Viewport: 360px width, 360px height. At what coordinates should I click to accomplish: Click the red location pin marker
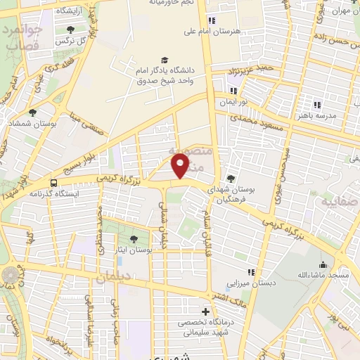tap(180, 166)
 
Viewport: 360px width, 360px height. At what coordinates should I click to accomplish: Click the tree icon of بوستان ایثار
tap(134, 239)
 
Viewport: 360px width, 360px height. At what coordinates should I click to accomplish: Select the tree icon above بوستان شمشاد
tap(32, 112)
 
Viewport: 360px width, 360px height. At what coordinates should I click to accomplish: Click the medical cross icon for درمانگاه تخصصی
tap(205, 311)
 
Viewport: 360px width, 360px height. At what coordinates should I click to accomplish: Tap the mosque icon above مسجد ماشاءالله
tap(323, 265)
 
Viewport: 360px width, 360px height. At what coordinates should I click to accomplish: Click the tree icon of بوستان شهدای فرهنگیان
tap(231, 179)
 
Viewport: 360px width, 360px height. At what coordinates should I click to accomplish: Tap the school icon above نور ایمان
tap(233, 91)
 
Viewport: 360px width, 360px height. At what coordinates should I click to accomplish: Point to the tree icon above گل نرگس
tap(70, 30)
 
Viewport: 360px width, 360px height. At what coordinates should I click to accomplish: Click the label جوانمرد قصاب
tap(23, 37)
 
